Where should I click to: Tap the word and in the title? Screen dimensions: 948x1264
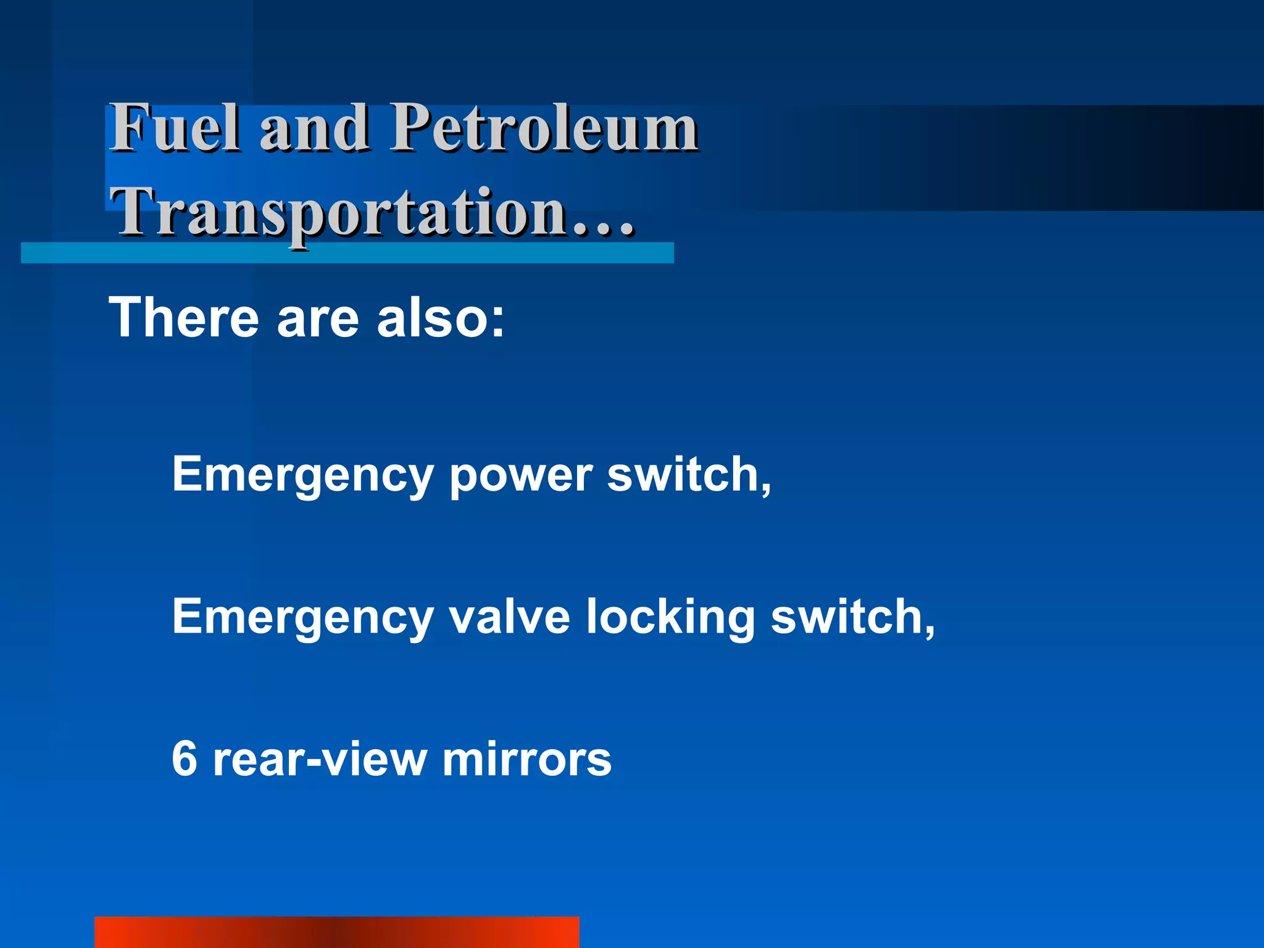[x=314, y=128]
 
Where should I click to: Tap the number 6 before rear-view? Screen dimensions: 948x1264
[x=185, y=759]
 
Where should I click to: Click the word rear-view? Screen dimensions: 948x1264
[x=320, y=759]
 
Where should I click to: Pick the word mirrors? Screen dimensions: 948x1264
[x=526, y=759]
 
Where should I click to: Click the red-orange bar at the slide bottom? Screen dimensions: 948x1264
[x=337, y=932]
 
